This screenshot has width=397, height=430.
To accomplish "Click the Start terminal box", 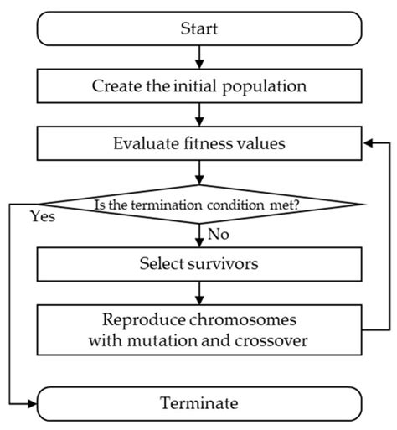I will [198, 29].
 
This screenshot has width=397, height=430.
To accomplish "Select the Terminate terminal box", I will [198, 402].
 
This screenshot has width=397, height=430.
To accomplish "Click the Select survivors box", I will [198, 264].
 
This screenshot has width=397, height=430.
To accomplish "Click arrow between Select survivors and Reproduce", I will [198, 290].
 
